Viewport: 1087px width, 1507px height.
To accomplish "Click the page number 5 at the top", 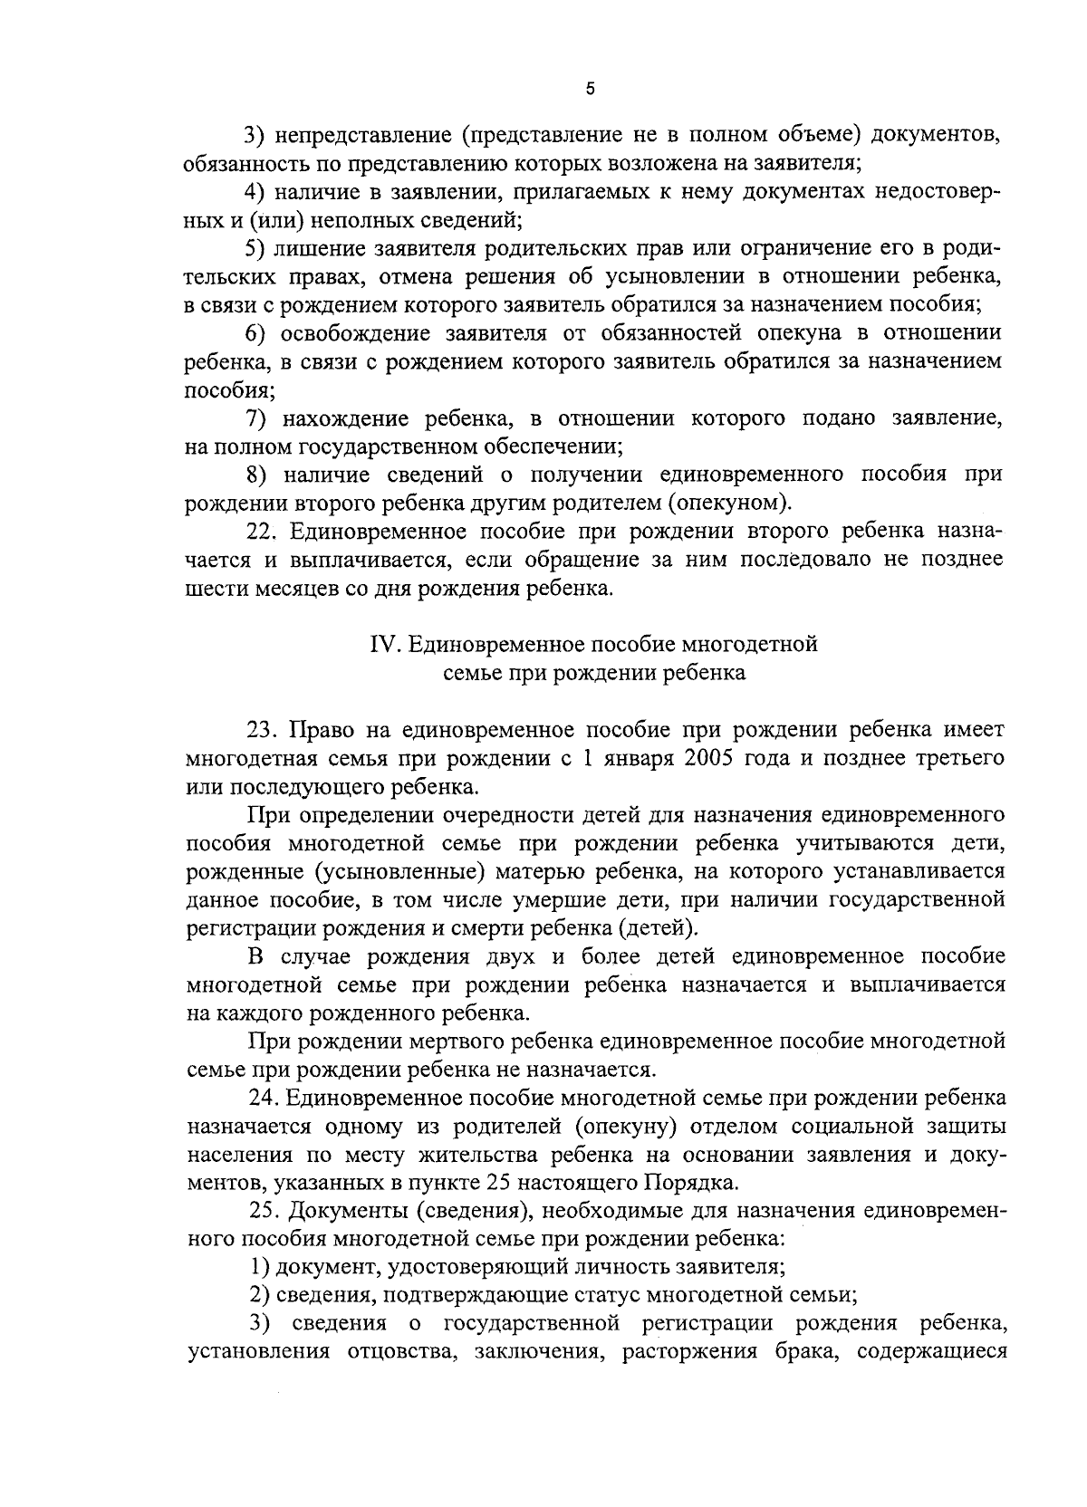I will (590, 89).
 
